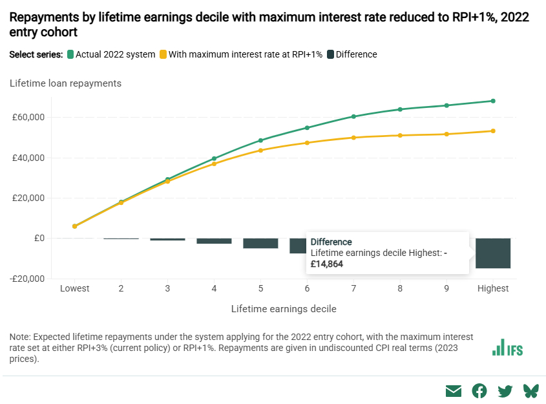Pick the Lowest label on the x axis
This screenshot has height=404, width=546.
tap(74, 288)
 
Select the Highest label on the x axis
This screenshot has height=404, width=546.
tap(493, 288)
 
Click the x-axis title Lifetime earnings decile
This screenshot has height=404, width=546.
tap(284, 309)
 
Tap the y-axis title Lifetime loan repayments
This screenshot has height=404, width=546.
tap(65, 83)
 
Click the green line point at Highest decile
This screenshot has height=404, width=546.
tap(493, 101)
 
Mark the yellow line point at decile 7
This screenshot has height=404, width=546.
tap(353, 138)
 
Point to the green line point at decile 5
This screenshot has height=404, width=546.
tap(260, 140)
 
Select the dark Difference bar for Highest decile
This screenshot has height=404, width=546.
tap(493, 253)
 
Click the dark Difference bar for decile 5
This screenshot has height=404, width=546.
tap(260, 243)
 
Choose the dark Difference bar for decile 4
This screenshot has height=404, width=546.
tap(214, 240)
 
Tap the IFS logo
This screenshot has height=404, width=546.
tap(507, 348)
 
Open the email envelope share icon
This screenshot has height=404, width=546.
tap(454, 390)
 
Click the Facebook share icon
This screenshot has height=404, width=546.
tap(479, 390)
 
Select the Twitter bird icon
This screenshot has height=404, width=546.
tap(505, 390)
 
